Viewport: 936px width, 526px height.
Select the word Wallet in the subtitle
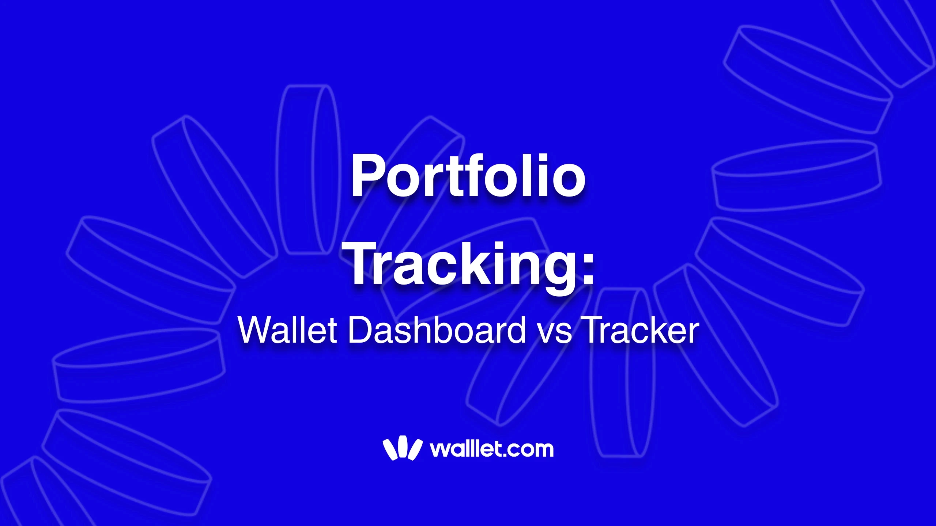(x=287, y=330)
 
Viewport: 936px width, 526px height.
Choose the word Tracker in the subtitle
(x=640, y=330)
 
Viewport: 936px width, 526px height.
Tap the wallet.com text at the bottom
(x=492, y=449)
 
